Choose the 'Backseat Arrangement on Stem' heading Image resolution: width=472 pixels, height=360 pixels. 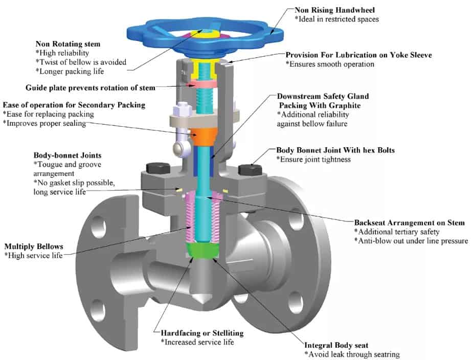point(409,223)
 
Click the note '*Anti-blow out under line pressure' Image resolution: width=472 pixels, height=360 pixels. point(412,241)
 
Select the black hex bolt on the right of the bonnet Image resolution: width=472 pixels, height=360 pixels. point(246,169)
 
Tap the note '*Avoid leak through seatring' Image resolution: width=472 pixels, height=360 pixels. point(352,354)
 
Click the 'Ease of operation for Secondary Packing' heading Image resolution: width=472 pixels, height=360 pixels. point(74,105)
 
